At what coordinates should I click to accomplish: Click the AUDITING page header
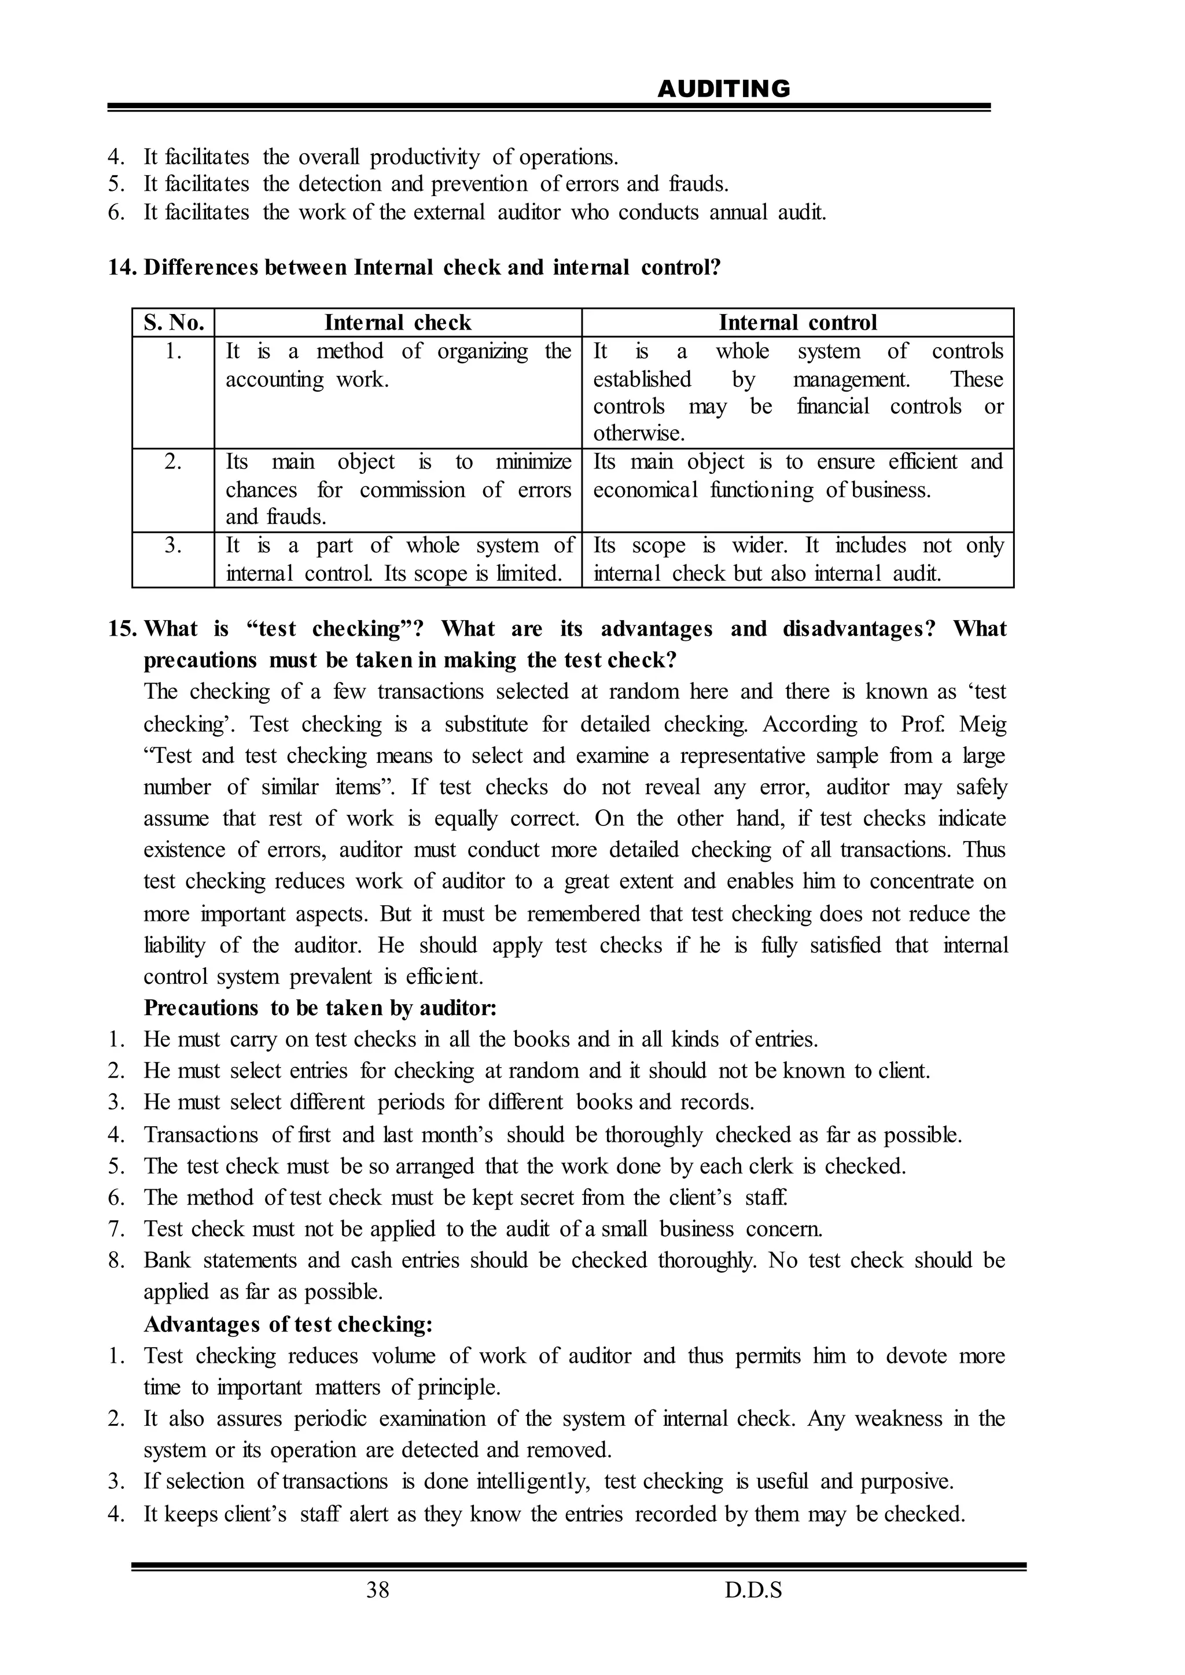coord(723,89)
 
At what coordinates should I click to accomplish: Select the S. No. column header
coord(174,323)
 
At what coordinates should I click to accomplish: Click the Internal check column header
coord(398,323)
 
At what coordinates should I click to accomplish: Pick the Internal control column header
coord(797,323)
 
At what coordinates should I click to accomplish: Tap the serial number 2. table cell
coord(173,462)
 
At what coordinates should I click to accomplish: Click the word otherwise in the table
coord(638,434)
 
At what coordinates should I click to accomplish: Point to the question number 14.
coord(123,268)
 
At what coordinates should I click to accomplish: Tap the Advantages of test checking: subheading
coord(288,1323)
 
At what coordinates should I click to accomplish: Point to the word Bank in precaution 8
coord(167,1260)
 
